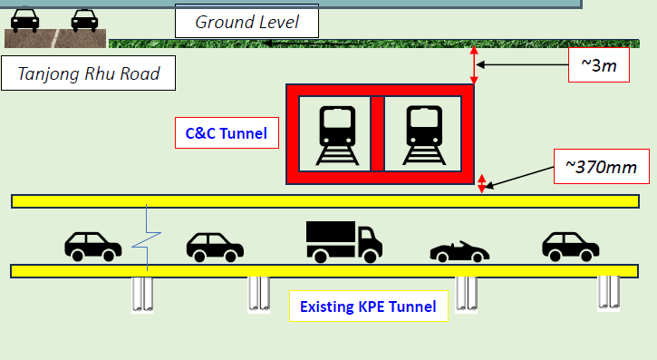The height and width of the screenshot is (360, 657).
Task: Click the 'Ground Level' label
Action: tap(246, 20)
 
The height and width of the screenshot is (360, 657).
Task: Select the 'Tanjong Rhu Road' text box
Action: tap(89, 73)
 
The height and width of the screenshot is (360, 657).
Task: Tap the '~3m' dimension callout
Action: tap(597, 64)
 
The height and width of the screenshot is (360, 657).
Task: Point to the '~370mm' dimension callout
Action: tap(601, 167)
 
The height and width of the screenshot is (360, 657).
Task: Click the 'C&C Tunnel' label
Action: tap(226, 134)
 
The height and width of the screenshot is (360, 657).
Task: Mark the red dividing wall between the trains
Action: tap(377, 133)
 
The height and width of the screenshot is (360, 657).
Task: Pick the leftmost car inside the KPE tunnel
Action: tap(92, 245)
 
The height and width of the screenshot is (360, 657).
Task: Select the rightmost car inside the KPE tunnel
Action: tap(570, 245)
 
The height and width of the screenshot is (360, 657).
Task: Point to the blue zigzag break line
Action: tap(145, 240)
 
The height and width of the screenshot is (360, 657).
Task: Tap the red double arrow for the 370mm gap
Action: tap(482, 184)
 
